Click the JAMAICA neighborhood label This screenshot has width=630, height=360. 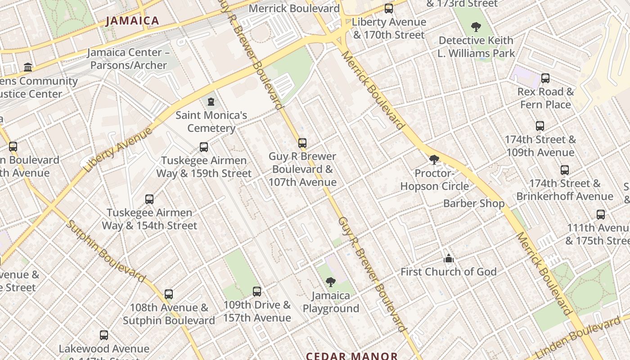coord(132,21)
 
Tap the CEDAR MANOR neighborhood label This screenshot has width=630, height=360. coord(352,356)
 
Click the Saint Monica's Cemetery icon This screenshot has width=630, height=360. coord(211,102)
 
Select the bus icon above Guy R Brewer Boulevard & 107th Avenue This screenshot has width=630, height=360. coord(302,143)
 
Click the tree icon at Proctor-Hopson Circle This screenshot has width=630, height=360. coord(434,159)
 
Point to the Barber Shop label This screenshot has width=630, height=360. coord(474,203)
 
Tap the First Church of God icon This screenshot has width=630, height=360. coord(449,258)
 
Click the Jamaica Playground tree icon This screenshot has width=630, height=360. coord(331,282)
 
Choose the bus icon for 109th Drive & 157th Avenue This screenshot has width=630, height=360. coord(257,292)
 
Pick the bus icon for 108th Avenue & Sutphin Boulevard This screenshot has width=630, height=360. coord(169,294)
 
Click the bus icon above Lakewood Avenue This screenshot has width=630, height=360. coord(104,335)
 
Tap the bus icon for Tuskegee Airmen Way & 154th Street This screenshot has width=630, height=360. coord(149,199)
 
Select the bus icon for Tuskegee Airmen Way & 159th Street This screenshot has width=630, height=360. coord(204,147)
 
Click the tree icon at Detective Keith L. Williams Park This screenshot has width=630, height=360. coord(476,27)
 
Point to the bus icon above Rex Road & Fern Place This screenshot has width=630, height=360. coord(545,78)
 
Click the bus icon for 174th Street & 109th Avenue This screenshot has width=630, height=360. coord(540,126)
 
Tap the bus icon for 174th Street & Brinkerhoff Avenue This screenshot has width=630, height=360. coord(565,170)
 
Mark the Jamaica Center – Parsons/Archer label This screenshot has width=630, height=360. coord(129,59)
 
